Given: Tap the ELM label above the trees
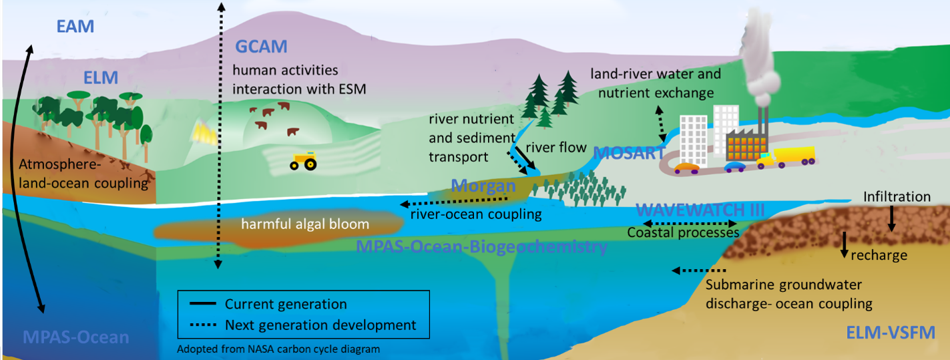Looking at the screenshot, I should [x=101, y=78].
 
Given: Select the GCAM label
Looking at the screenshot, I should [x=261, y=47].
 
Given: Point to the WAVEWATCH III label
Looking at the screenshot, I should [x=699, y=209].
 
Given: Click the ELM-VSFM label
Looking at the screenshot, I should [x=889, y=332].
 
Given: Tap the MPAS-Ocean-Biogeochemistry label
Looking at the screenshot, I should [x=481, y=248].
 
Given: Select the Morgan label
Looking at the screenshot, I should [x=482, y=186].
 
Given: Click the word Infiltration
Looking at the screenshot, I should [x=897, y=197].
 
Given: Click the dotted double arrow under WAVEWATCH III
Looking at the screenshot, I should [x=690, y=222].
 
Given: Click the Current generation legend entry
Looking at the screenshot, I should [x=286, y=305].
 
